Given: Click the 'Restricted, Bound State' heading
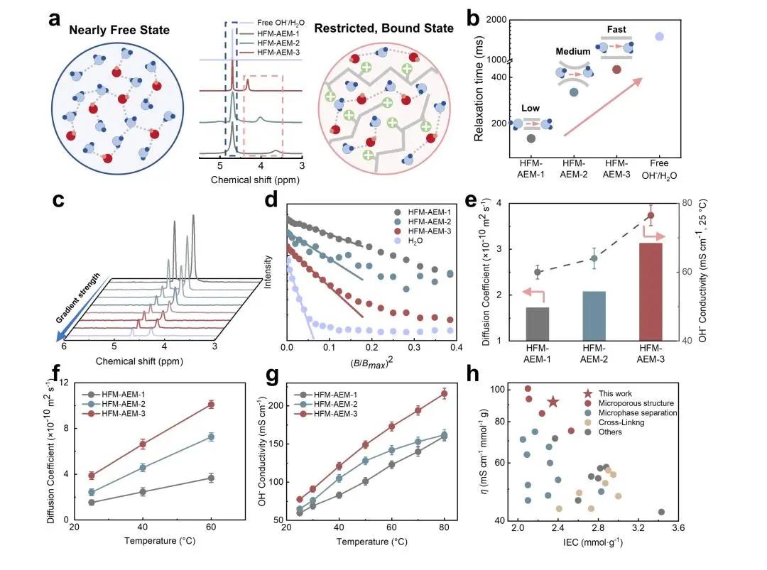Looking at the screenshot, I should (383, 29).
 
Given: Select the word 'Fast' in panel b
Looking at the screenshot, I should (616, 31).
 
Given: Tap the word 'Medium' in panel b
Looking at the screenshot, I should (572, 52).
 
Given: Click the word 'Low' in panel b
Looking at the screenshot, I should (531, 107).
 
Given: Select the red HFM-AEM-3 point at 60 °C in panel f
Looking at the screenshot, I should (210, 405).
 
